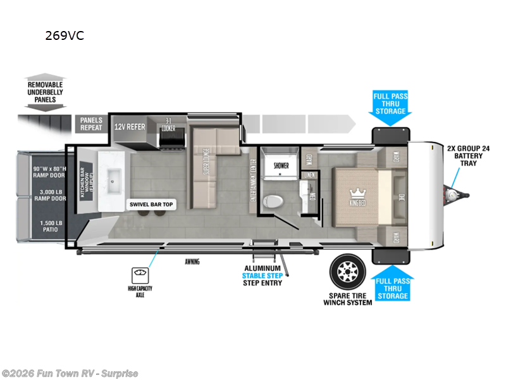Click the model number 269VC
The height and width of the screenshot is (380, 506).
(65, 36)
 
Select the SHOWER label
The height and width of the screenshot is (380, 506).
(281, 165)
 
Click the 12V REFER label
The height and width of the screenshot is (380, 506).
(130, 127)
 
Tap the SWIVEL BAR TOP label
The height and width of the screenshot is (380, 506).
(151, 205)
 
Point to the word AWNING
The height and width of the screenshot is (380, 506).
(193, 262)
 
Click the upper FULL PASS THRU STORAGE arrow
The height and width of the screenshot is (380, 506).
(390, 104)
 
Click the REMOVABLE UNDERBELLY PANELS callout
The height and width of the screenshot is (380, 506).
(46, 92)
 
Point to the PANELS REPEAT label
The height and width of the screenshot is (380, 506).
(91, 123)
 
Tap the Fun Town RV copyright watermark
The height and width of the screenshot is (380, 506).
(70, 373)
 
